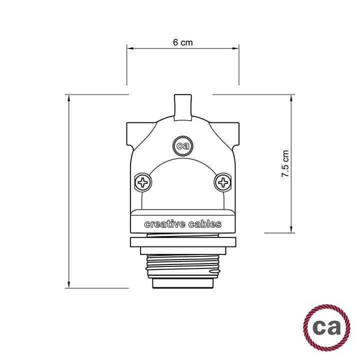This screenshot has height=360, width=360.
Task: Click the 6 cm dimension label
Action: [182, 42]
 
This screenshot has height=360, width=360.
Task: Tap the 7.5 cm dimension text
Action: [285, 164]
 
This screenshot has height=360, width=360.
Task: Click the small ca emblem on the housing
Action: [182, 146]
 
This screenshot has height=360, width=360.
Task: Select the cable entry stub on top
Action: [182, 106]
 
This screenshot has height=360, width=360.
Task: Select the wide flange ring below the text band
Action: [182, 243]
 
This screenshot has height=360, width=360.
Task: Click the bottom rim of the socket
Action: [182, 284]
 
